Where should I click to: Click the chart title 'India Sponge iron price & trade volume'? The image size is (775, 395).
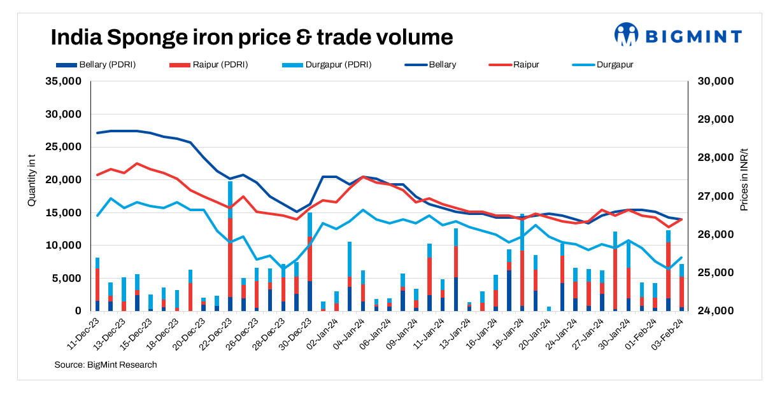[252, 37]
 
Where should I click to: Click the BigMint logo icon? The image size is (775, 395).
[626, 35]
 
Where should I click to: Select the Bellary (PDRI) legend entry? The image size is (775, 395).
[96, 65]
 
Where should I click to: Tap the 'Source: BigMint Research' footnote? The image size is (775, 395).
[106, 365]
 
